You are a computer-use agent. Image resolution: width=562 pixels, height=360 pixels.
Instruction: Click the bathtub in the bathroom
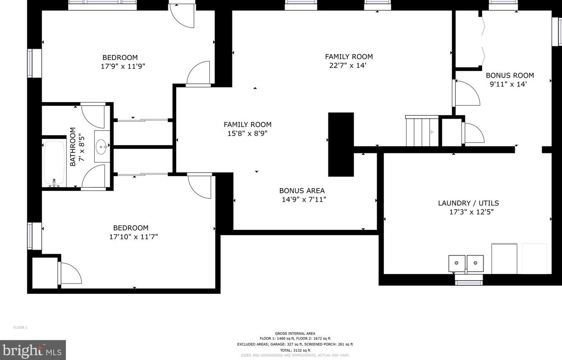(54, 164)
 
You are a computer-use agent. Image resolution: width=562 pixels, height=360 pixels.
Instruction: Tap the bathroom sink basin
(102, 146)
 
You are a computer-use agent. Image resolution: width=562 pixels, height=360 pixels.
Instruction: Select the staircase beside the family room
(422, 131)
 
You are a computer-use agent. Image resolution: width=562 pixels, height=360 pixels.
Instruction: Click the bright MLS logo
(33, 350)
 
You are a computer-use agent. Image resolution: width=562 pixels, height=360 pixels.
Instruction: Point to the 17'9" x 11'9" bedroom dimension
(123, 66)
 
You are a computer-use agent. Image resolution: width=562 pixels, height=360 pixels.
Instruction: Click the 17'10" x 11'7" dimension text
(131, 237)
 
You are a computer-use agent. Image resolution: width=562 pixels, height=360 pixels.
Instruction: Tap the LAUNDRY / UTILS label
(468, 203)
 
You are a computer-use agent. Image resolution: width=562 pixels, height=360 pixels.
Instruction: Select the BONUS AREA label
(302, 191)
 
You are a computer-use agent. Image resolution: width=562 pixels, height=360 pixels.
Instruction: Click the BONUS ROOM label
(509, 75)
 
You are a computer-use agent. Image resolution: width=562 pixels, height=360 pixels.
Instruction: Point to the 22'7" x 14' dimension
(347, 65)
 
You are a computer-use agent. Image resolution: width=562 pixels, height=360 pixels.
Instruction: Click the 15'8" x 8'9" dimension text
(247, 134)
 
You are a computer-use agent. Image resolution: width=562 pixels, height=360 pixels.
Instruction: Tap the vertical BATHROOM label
(73, 147)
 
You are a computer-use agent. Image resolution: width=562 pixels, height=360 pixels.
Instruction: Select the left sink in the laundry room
(457, 263)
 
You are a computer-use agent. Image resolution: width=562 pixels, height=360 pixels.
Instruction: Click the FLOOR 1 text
(20, 328)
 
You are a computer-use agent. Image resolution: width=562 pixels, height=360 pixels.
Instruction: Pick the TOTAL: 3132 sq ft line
(295, 350)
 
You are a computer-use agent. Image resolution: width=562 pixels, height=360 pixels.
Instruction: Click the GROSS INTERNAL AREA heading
(295, 334)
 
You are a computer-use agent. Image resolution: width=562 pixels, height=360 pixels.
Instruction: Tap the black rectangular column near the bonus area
(341, 144)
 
